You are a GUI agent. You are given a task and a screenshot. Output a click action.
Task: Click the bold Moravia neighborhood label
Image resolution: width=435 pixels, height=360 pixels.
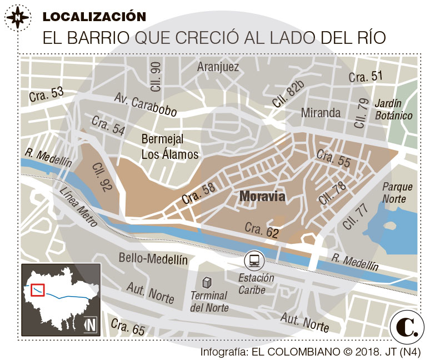coord(262,197)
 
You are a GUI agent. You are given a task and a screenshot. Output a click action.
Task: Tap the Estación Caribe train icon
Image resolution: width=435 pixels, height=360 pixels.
coord(254,259)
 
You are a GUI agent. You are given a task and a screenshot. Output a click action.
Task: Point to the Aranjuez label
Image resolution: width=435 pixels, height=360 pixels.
coord(218,67)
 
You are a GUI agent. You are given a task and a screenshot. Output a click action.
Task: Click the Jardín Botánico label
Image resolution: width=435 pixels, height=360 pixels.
coord(393,109)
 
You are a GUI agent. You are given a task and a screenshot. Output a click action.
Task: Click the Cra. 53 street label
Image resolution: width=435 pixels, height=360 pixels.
coord(47,94)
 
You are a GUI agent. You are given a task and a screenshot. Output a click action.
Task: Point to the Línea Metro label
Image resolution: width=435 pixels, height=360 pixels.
coord(78,207)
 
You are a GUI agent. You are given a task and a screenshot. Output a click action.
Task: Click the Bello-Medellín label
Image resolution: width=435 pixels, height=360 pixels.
coord(153,259)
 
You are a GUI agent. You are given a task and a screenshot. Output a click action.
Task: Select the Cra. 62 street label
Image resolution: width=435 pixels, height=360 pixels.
coord(262,231)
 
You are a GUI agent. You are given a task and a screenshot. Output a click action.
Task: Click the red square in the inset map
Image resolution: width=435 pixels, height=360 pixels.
coord(38,290)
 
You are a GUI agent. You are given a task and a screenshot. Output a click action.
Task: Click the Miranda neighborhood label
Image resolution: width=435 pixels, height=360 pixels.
coord(321,113)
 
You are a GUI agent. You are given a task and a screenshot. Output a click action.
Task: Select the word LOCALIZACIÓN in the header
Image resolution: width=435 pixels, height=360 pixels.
coord(94,17)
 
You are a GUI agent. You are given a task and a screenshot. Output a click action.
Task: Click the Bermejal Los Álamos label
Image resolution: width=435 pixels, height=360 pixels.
coord(169,147)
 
